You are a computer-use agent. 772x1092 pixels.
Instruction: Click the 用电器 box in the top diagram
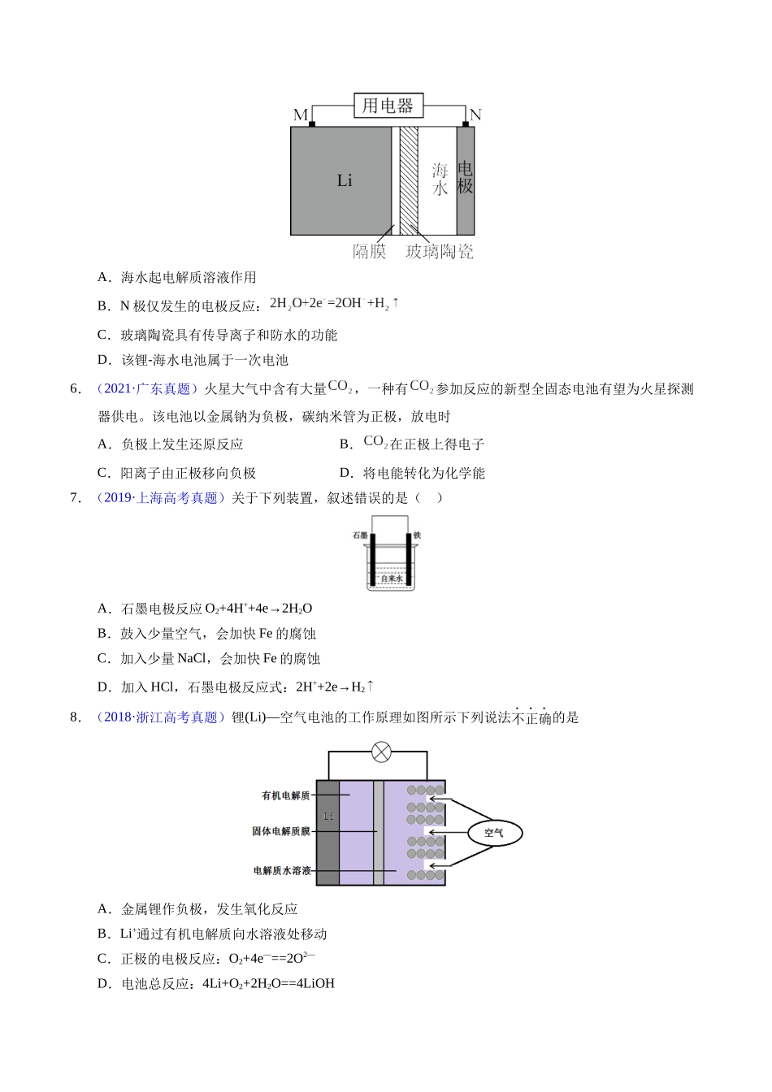(388, 106)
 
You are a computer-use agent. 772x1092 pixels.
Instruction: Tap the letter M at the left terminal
(300, 115)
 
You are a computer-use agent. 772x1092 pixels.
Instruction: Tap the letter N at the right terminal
(475, 115)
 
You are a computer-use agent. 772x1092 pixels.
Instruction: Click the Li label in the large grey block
(345, 180)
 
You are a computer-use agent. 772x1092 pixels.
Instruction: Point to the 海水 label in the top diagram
(440, 180)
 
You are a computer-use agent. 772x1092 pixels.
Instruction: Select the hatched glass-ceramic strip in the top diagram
(409, 180)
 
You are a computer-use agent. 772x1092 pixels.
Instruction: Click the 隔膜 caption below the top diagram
(370, 252)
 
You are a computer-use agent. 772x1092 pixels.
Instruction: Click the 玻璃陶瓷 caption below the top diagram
(440, 252)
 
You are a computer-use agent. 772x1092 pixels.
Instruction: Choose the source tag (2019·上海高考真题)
(161, 498)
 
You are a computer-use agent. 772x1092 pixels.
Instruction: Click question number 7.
(76, 498)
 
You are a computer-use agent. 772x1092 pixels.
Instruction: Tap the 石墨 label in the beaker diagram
(360, 535)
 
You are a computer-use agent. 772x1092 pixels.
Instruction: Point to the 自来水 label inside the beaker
(392, 578)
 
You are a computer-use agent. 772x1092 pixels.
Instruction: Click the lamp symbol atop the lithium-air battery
(381, 752)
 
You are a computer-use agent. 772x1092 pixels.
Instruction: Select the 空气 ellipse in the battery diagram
(494, 833)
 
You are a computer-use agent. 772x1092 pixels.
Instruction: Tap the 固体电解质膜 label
(281, 831)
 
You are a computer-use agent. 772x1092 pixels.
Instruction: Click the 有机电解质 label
(286, 795)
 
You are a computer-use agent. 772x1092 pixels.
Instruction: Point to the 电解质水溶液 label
(282, 870)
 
